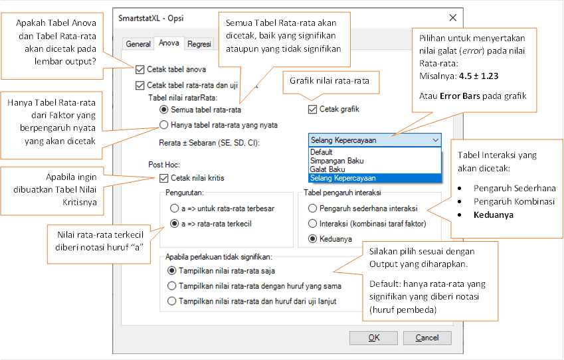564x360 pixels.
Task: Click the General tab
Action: (x=138, y=44)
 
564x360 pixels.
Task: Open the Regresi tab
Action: (x=199, y=44)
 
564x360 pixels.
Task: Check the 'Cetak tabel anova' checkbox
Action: (x=140, y=70)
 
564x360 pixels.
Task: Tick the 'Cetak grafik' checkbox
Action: (x=312, y=110)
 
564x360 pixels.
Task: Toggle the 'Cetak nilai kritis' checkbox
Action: (x=163, y=178)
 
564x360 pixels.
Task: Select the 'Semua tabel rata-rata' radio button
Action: (x=163, y=110)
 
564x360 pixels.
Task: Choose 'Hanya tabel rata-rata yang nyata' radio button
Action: (x=163, y=125)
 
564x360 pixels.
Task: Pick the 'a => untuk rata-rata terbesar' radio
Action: (x=175, y=209)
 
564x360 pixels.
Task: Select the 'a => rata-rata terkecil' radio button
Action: (x=175, y=224)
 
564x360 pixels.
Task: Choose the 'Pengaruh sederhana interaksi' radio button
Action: (x=313, y=209)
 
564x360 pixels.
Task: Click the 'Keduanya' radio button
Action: (x=313, y=239)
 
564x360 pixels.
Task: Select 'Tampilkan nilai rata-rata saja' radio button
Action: (x=172, y=270)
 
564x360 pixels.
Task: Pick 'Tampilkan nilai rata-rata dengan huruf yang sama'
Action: (x=172, y=286)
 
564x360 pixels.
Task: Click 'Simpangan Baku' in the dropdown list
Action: (x=337, y=161)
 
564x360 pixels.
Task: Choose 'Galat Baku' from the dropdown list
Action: (x=328, y=169)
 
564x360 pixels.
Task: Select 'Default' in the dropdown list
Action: (x=322, y=152)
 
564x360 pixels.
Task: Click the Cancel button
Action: (x=427, y=337)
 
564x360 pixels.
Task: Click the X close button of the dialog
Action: (x=453, y=18)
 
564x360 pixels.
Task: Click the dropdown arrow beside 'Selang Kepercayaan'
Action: (x=436, y=140)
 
